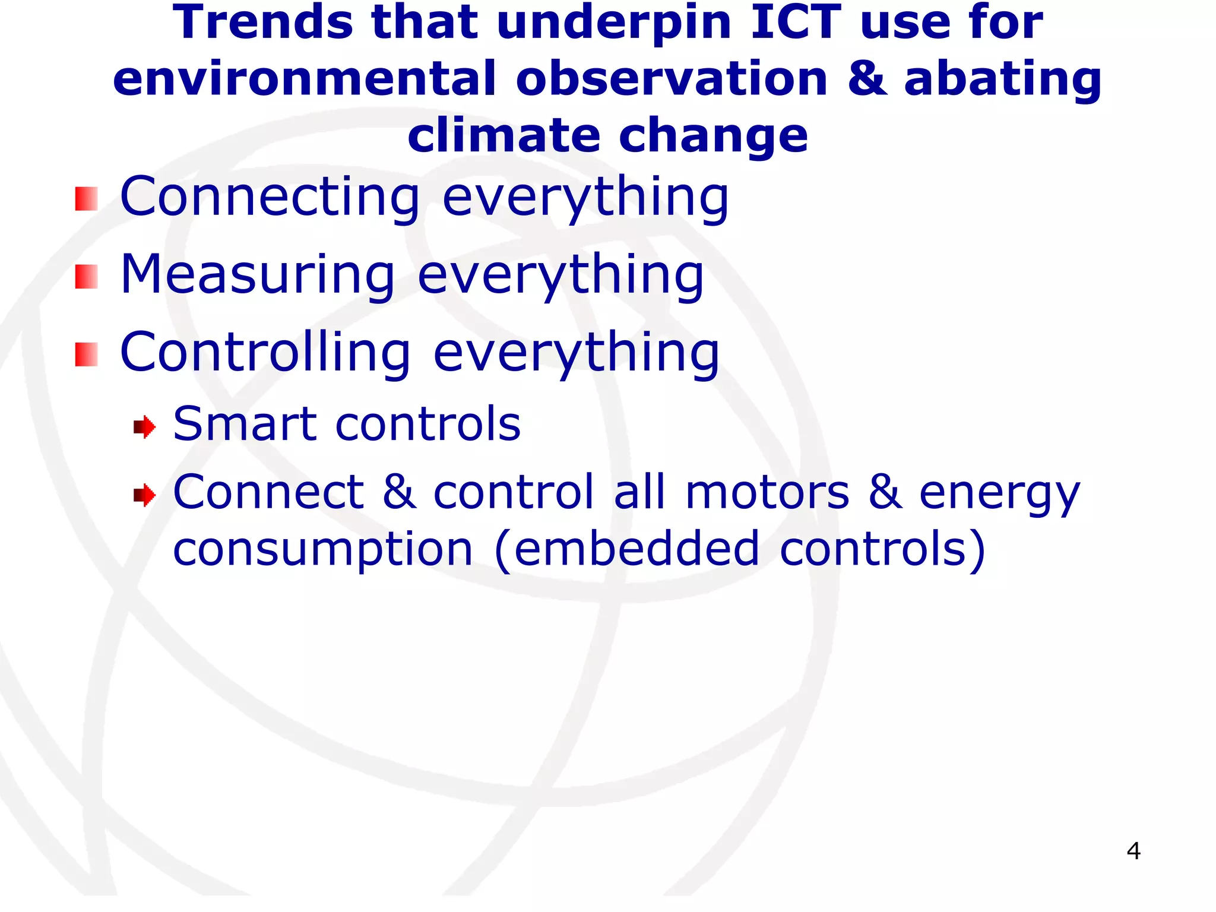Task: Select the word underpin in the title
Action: (x=614, y=24)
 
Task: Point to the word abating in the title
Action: (x=1003, y=81)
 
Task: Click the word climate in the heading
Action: (x=504, y=135)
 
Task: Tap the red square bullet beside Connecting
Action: (x=86, y=199)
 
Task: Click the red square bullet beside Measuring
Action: (x=86, y=277)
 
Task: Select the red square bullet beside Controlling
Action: (x=86, y=354)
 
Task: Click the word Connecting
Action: (x=270, y=198)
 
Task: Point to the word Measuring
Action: (x=258, y=275)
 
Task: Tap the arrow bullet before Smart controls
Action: (x=144, y=427)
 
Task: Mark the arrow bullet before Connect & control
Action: (x=144, y=495)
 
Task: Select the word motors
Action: (x=767, y=492)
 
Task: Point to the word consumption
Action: (x=323, y=550)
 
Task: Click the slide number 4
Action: (x=1133, y=851)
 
